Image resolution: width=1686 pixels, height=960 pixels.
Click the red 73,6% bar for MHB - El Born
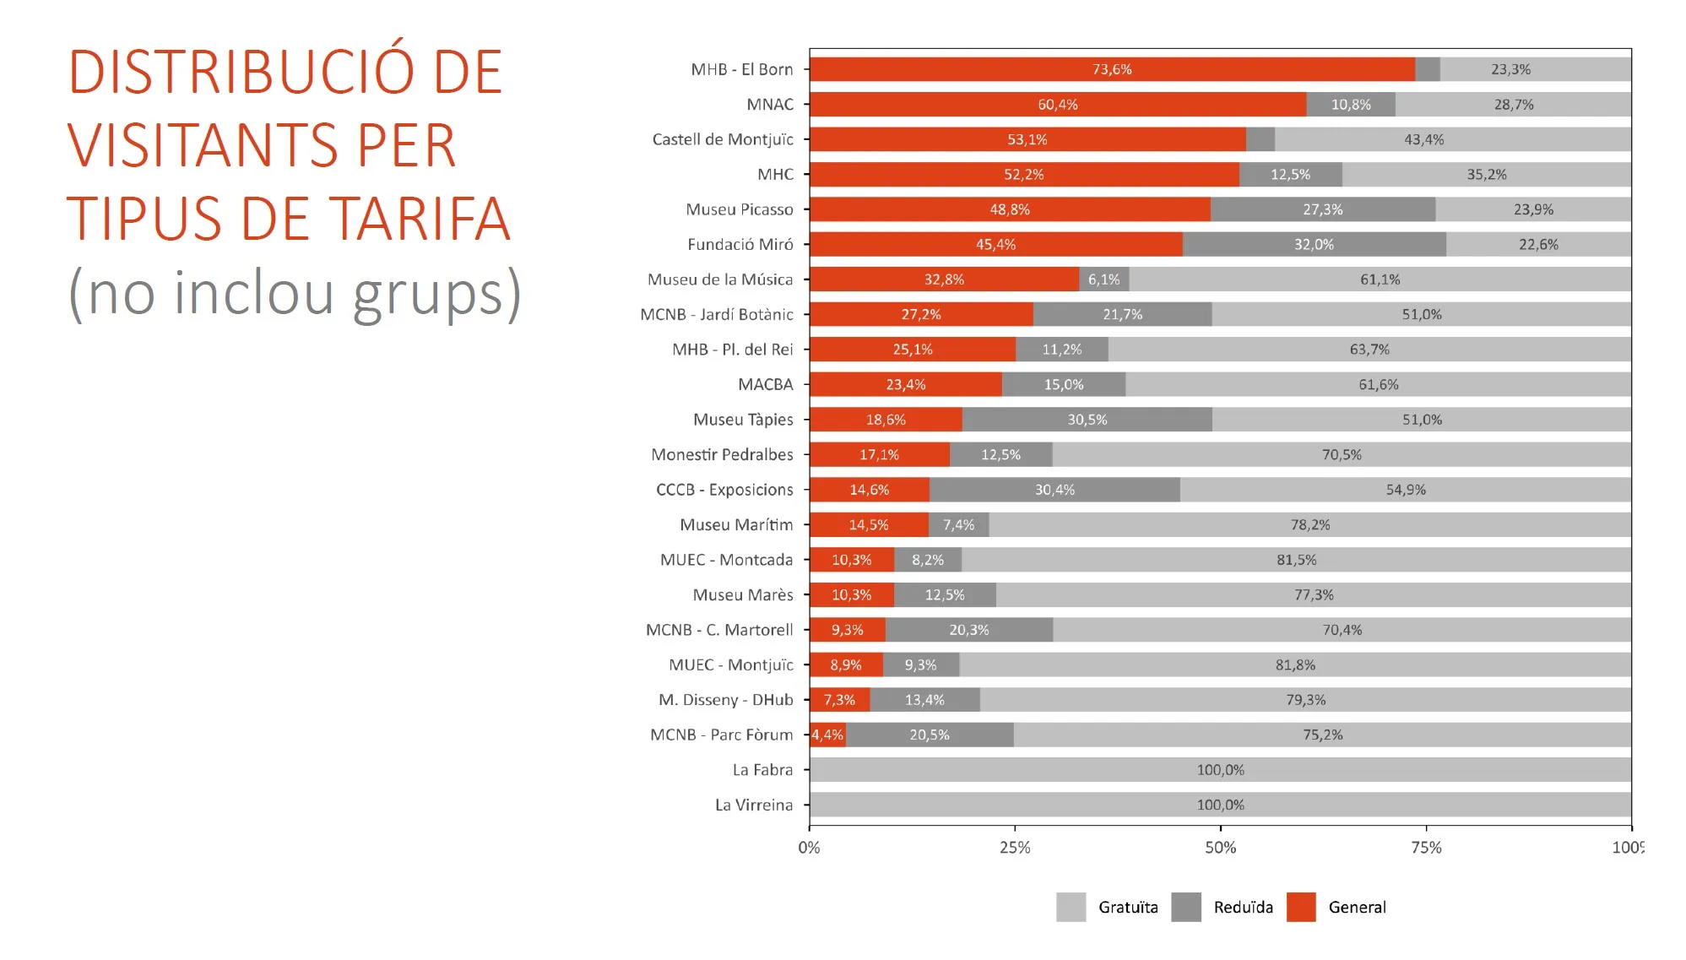pyautogui.click(x=1112, y=69)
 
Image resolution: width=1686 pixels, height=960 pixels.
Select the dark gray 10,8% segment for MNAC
pyautogui.click(x=1351, y=105)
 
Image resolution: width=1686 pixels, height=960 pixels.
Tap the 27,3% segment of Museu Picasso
pyautogui.click(x=1323, y=209)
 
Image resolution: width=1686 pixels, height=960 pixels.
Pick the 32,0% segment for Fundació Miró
pyautogui.click(x=1315, y=245)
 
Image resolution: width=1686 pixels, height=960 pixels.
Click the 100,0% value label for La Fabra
pyautogui.click(x=1220, y=770)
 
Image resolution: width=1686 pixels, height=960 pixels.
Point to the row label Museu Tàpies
pyautogui.click(x=743, y=420)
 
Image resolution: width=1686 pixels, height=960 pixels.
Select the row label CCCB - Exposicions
pyautogui.click(x=724, y=490)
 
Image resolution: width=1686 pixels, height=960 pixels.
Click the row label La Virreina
pyautogui.click(x=754, y=805)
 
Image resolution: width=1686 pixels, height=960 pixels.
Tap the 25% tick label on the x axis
pyautogui.click(x=1015, y=847)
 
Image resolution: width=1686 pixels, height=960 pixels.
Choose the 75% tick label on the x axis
pyautogui.click(x=1427, y=847)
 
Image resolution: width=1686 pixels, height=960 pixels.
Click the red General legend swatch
pyautogui.click(x=1301, y=907)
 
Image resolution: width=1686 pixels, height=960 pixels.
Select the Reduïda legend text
pyautogui.click(x=1244, y=907)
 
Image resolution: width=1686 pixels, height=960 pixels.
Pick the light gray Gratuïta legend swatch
pyautogui.click(x=1071, y=907)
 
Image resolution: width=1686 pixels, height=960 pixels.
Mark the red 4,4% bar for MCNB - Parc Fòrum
pyautogui.click(x=827, y=735)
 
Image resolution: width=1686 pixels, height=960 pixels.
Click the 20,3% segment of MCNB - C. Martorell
pyautogui.click(x=969, y=630)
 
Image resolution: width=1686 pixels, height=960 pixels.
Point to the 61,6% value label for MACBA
pyautogui.click(x=1379, y=385)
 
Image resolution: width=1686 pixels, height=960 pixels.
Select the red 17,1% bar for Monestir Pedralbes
pyautogui.click(x=880, y=455)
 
